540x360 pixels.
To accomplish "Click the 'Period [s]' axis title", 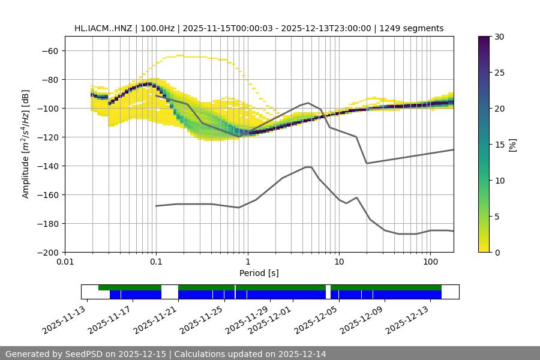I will click(x=259, y=273).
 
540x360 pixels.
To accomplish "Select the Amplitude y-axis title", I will click(x=26, y=144).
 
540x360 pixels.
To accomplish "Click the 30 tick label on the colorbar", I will click(x=499, y=37).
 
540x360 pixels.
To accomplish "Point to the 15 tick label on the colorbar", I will click(x=499, y=144).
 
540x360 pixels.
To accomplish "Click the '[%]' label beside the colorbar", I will click(x=512, y=144).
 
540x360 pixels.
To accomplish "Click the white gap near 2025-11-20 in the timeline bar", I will click(x=170, y=292).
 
